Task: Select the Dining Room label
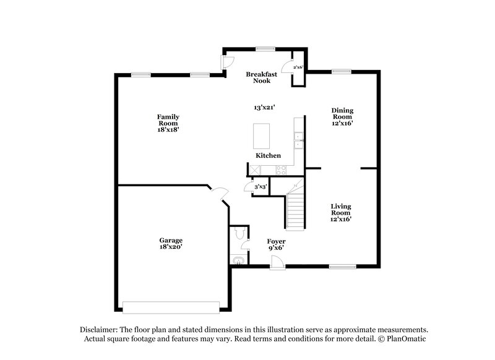[x=342, y=116]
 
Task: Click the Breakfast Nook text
[x=259, y=76]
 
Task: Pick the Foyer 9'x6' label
[x=275, y=244]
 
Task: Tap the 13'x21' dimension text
[x=264, y=107]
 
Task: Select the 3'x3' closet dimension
[x=260, y=187]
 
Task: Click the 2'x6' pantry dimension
[x=298, y=67]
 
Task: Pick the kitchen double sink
[x=298, y=140]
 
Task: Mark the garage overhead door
[x=171, y=307]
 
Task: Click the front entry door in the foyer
[x=277, y=264]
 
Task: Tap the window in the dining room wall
[x=340, y=72]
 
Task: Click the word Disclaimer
[x=98, y=330]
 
